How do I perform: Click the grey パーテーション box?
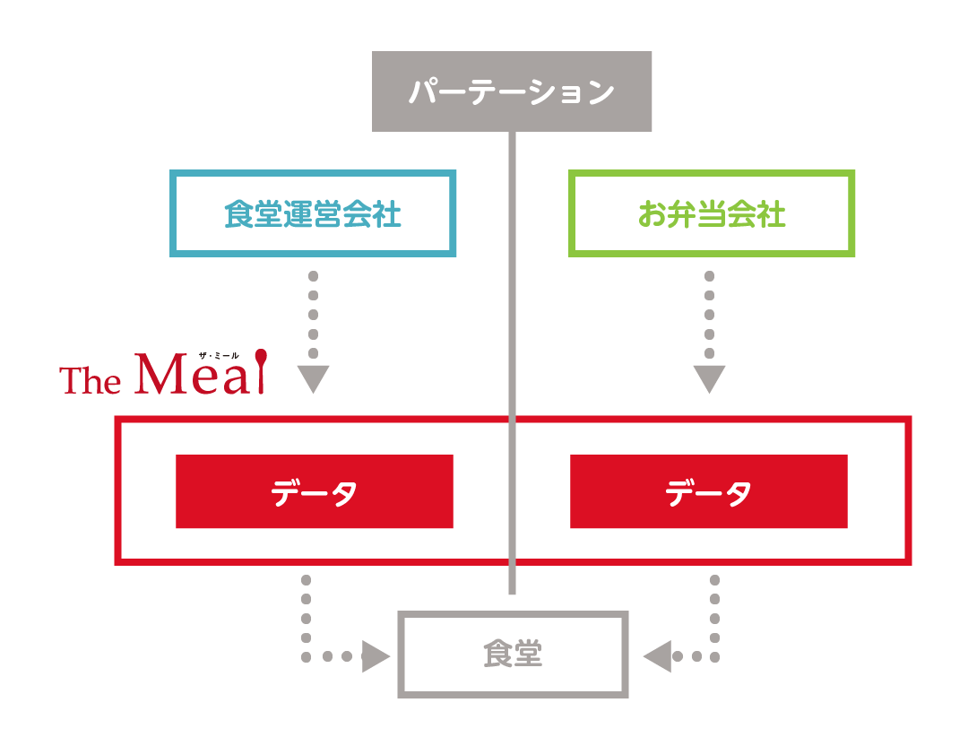coord(512,91)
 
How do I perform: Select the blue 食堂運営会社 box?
coord(313,213)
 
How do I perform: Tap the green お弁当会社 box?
coord(712,213)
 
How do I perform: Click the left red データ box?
coord(314,491)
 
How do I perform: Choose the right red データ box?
coord(708,491)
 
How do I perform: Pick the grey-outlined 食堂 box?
coord(513,655)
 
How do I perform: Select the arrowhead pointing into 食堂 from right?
coord(657,656)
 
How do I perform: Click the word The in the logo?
coord(91,381)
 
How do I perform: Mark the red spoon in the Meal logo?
coord(260,369)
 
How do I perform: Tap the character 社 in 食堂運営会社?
coord(387,215)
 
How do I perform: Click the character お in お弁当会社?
coord(653,215)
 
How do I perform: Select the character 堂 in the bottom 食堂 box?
coord(528,655)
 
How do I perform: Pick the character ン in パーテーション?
coord(600,92)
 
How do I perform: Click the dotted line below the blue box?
coord(313,314)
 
